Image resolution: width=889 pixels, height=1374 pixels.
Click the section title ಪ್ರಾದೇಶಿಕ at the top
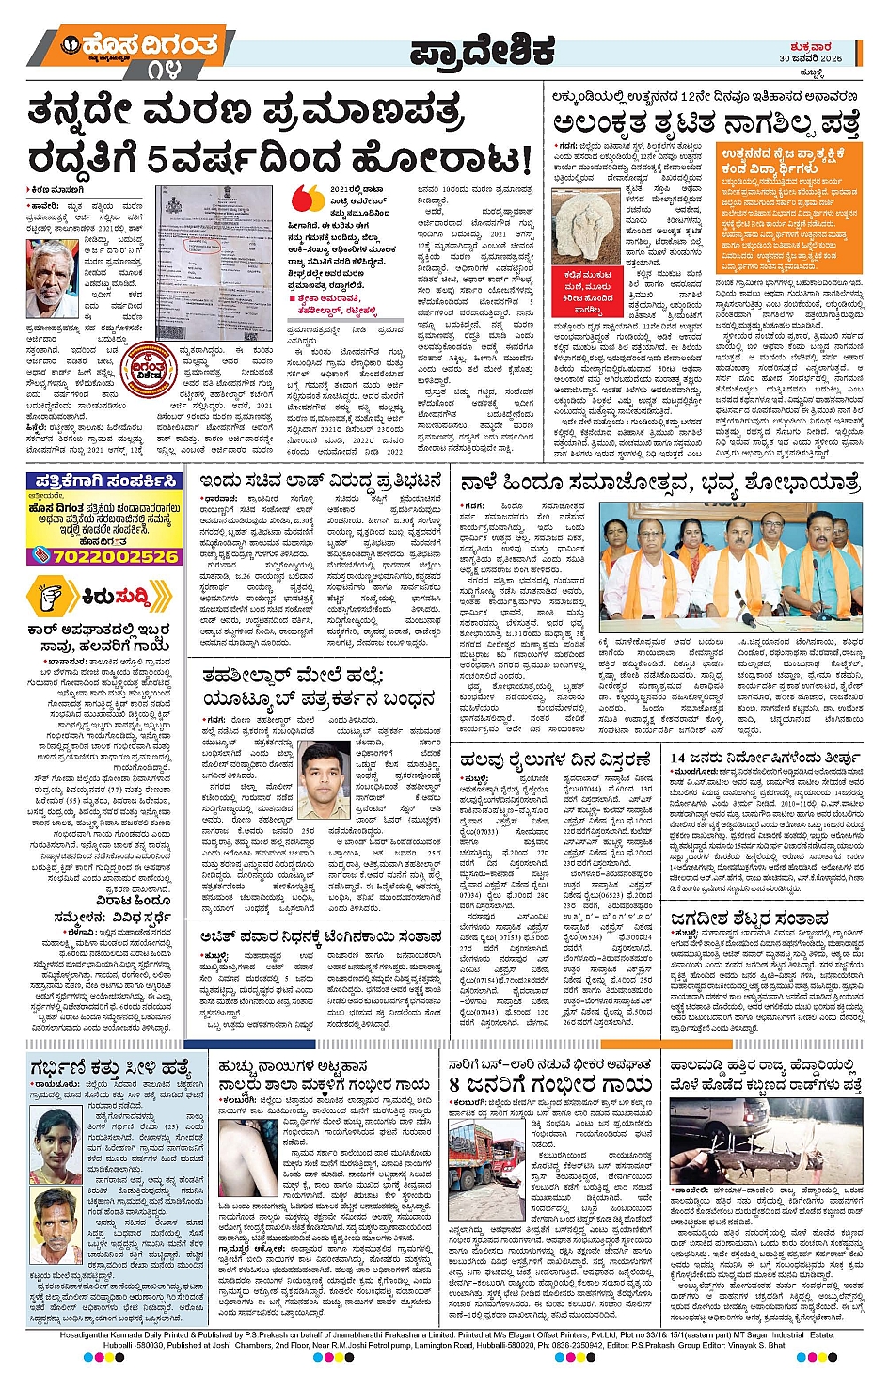pos(482,53)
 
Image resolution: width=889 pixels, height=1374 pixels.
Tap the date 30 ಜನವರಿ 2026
pos(810,58)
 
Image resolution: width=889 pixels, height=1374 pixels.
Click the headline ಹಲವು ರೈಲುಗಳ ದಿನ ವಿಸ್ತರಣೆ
pos(554,759)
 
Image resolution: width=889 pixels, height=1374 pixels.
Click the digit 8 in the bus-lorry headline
pos(456,1084)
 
